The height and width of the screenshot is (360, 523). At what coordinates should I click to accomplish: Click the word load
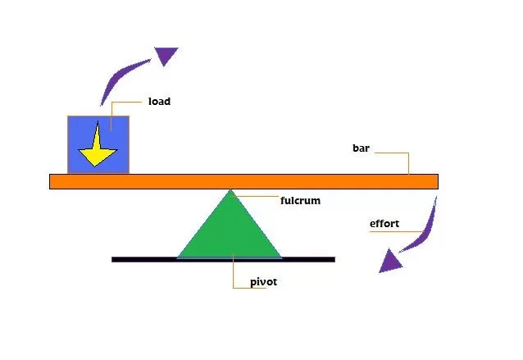click(x=159, y=103)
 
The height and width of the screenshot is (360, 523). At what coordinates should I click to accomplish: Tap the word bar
click(x=362, y=148)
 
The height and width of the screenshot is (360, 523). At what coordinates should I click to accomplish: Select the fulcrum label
click(x=299, y=199)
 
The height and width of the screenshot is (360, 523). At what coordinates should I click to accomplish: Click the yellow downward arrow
click(x=97, y=148)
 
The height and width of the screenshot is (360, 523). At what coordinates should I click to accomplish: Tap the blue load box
click(x=119, y=131)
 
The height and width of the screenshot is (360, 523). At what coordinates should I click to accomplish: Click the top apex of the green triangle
click(x=231, y=191)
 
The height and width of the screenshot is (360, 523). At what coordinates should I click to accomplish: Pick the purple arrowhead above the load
click(x=166, y=56)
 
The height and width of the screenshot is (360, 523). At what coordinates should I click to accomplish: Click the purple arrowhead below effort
click(x=390, y=261)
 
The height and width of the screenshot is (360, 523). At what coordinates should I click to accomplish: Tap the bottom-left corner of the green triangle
click(x=180, y=257)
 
